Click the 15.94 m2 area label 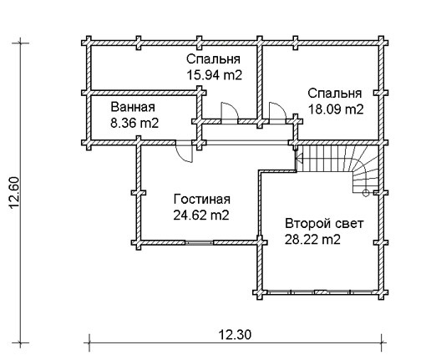(x=214, y=75)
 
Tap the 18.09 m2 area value (x=336, y=109)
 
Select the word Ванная (x=133, y=107)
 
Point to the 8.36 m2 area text (x=134, y=123)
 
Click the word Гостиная (x=202, y=200)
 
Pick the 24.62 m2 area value (x=201, y=215)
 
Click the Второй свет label (x=324, y=224)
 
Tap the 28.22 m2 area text (x=312, y=240)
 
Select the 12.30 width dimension (x=235, y=334)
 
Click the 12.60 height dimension (x=14, y=193)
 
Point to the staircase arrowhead (x=300, y=159)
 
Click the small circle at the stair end (x=366, y=193)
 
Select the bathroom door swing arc (x=185, y=154)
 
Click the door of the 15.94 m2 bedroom (x=230, y=112)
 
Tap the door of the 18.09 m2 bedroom (x=277, y=112)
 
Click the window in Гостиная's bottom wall (x=199, y=242)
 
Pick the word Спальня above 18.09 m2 (x=335, y=94)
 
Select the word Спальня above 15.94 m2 (x=213, y=59)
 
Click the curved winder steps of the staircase (x=365, y=170)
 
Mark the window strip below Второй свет (x=321, y=292)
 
